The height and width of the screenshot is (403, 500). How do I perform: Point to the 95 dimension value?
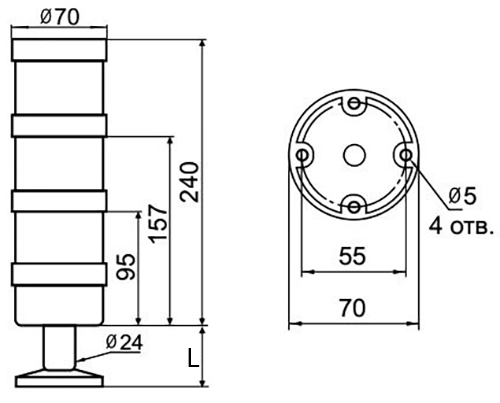tap(127, 267)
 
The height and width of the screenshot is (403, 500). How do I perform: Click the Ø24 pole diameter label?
tap(123, 343)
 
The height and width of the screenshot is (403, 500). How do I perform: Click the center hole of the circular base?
tap(353, 156)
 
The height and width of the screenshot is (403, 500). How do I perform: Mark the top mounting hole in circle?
tap(353, 104)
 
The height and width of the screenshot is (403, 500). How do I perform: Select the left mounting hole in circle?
tap(302, 155)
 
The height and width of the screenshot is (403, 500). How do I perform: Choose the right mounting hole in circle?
tap(404, 156)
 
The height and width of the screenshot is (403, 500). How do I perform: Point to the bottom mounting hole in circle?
tap(353, 206)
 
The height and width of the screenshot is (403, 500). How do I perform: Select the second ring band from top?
tap(59, 200)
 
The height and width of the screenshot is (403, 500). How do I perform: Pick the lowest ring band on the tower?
tap(59, 273)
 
